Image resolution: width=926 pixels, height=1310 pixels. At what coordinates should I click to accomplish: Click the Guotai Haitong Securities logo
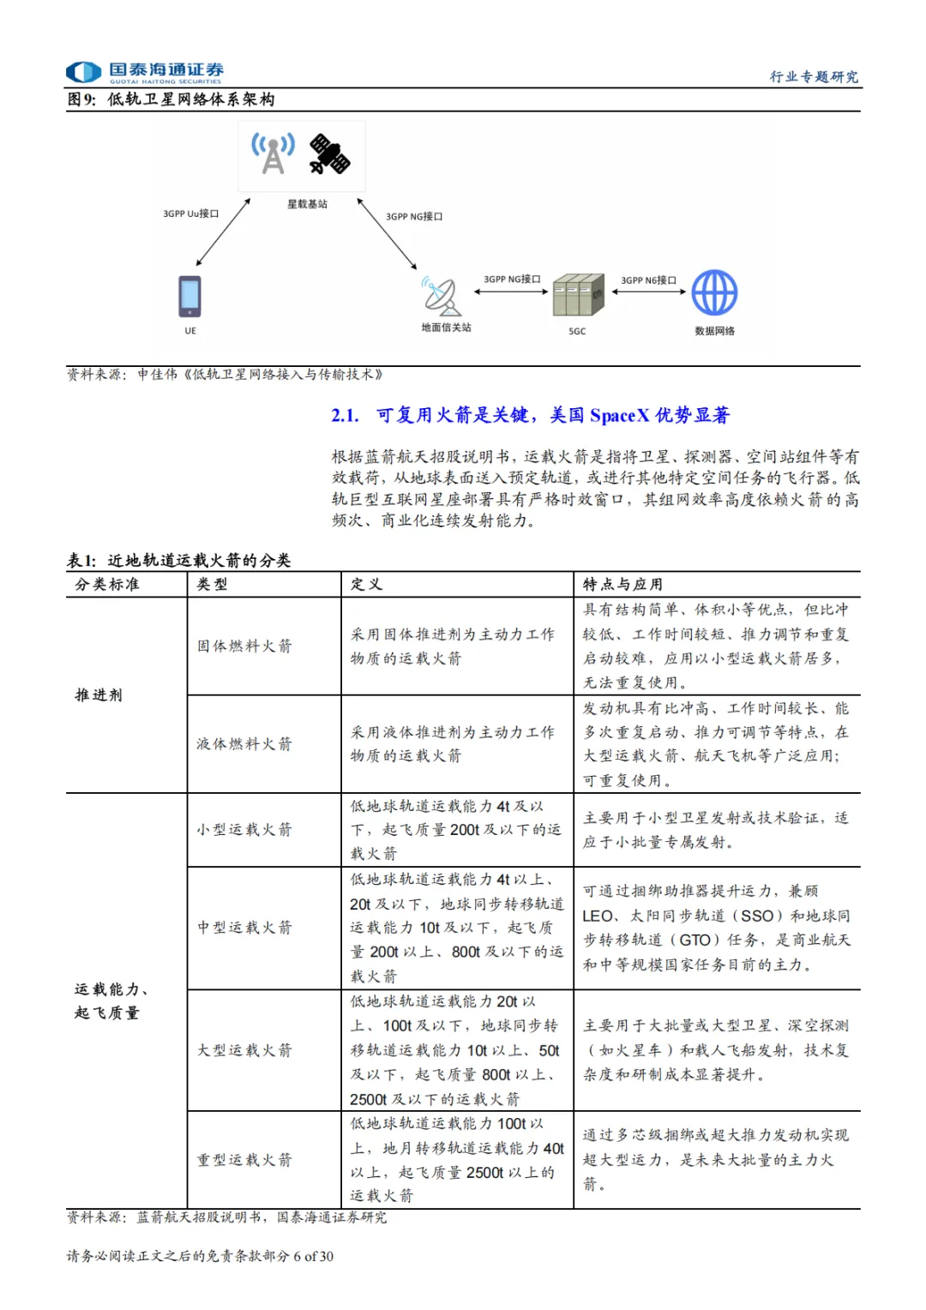pos(145,72)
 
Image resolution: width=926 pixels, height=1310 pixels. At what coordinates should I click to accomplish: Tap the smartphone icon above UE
pos(189,297)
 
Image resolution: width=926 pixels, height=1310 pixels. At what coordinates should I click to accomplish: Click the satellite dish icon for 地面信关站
pos(442,297)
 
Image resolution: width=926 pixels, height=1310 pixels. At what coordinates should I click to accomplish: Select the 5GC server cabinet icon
pos(578,295)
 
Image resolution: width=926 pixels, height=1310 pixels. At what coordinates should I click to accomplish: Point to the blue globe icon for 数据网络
pos(714,293)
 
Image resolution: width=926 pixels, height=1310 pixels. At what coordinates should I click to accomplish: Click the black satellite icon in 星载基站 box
pos(330,154)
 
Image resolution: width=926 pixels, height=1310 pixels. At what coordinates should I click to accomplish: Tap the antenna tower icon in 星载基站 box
pos(273,153)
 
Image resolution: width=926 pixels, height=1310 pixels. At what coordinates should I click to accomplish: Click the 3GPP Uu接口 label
pos(191,213)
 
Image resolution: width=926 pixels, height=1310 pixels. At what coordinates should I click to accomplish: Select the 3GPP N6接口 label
pos(648,280)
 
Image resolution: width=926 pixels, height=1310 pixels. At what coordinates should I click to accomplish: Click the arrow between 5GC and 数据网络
pos(649,291)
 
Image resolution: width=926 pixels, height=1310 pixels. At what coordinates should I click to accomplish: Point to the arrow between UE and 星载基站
pos(222,233)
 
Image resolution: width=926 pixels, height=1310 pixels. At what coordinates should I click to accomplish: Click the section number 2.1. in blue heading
pos(345,416)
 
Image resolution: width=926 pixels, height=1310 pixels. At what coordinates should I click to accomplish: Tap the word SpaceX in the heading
pos(619,416)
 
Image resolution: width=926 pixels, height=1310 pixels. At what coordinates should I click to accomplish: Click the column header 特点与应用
pos(622,585)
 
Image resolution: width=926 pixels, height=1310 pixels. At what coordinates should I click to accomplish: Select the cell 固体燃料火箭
pos(244,646)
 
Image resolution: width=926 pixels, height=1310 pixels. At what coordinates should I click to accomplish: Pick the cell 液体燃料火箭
pos(244,744)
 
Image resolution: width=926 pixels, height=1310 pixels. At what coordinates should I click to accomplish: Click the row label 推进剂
pos(99,695)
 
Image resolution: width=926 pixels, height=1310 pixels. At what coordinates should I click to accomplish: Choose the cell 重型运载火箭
pos(244,1160)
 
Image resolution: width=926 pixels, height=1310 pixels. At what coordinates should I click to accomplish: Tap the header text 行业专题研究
pos(813,77)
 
